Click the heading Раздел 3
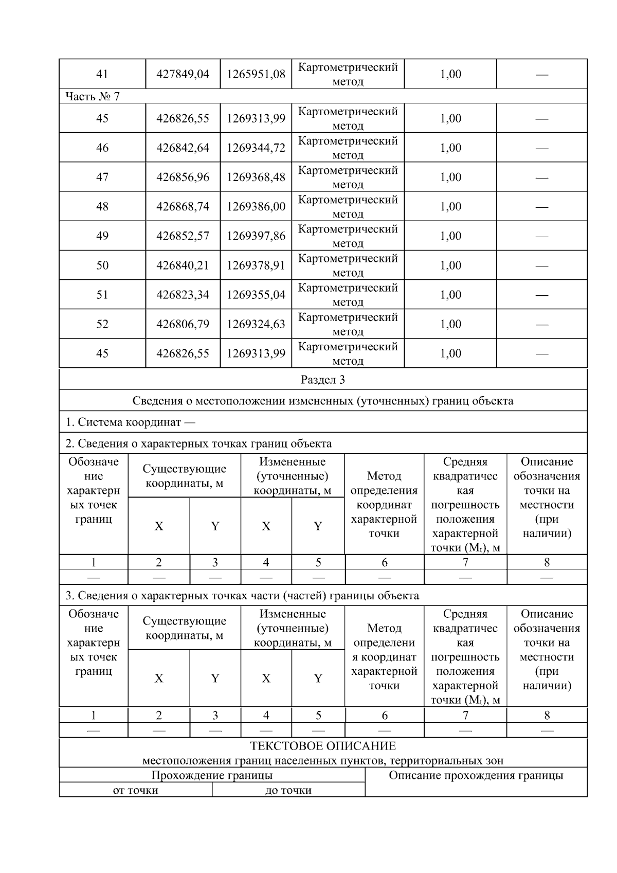[323, 380]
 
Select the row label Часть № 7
[93, 96]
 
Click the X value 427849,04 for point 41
[183, 74]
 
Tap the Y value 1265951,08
[256, 74]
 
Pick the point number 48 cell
[102, 206]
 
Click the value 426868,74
[183, 206]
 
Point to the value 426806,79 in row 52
[183, 324]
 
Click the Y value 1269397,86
[256, 236]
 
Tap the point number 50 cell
[102, 265]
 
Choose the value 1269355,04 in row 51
[256, 295]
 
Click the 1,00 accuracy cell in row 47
[450, 177]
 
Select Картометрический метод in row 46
[348, 148]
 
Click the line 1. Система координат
[130, 422]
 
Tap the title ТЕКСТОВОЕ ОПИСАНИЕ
[323, 746]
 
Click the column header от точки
[136, 790]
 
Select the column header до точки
[288, 790]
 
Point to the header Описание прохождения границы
[476, 776]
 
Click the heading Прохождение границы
[212, 775]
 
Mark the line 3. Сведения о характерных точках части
[242, 596]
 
